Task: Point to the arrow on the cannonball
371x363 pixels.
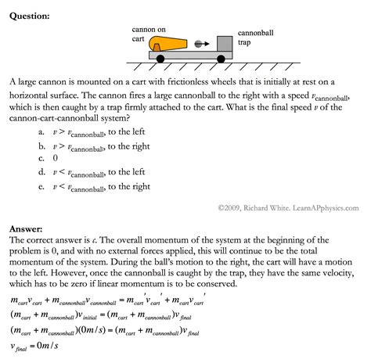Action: tap(196, 45)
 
